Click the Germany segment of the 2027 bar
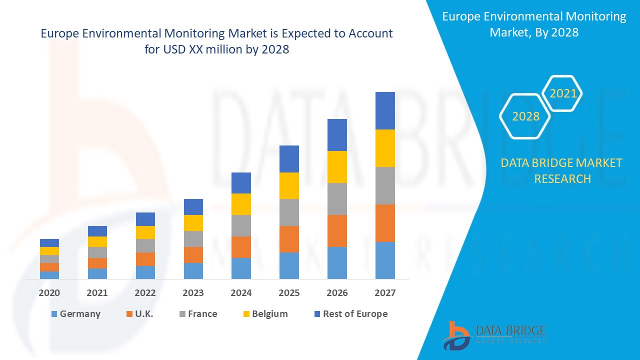(x=385, y=260)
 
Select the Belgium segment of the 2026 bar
(x=337, y=166)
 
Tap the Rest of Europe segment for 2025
(x=289, y=158)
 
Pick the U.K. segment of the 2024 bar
(x=241, y=247)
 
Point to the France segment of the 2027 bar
(x=385, y=185)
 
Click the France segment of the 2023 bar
(x=193, y=238)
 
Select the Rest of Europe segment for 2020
(x=49, y=242)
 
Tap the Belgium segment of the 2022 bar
(x=145, y=232)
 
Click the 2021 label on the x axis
(x=97, y=293)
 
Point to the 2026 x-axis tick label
(x=337, y=293)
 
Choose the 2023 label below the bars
(x=193, y=293)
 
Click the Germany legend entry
(x=75, y=314)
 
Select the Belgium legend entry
(x=265, y=314)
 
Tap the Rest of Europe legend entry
(x=350, y=314)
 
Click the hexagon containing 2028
(x=525, y=116)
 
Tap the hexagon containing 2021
(x=563, y=93)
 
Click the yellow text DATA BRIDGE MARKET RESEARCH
(x=562, y=170)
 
